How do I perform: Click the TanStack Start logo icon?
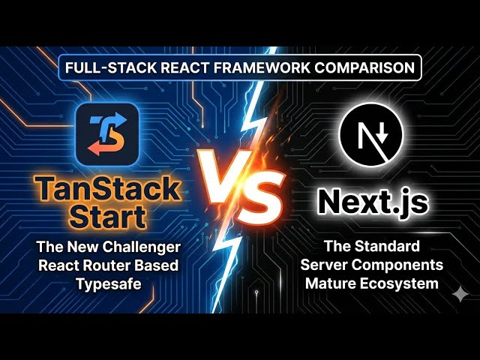106,135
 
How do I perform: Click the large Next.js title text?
372,201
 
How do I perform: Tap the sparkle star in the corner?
459,295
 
